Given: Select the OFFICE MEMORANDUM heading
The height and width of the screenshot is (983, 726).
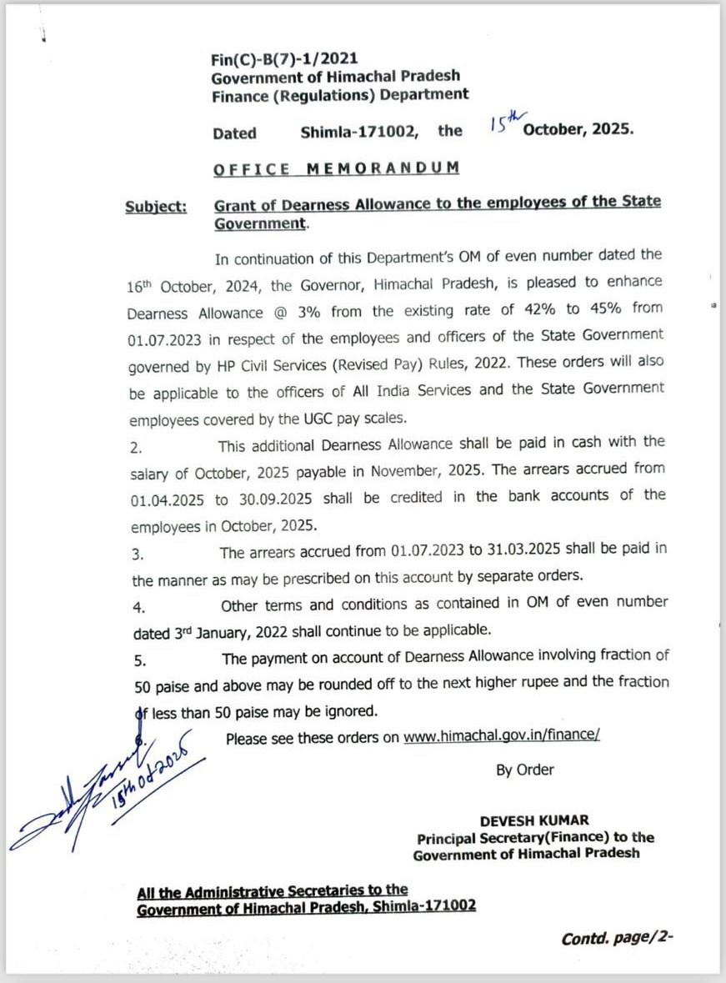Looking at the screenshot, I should (336, 168).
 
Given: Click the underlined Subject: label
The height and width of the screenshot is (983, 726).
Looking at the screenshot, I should (157, 208).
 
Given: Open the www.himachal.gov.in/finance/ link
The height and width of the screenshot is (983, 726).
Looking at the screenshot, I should (502, 737).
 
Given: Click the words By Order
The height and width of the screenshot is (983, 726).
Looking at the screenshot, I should (524, 770).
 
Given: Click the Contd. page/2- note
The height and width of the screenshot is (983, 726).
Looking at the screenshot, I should (617, 938).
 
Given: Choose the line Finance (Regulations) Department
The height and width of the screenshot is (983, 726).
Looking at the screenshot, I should (339, 95).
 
